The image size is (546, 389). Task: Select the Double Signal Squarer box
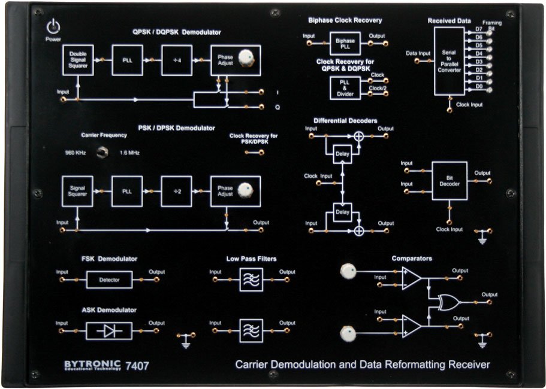click(78, 60)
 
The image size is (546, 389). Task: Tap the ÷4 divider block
click(177, 60)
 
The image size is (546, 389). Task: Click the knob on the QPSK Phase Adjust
click(245, 58)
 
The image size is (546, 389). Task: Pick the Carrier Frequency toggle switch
click(102, 153)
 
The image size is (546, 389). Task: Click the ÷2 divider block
click(177, 191)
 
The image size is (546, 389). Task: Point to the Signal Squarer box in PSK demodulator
click(78, 191)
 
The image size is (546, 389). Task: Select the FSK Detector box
click(109, 279)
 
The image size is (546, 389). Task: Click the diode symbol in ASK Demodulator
click(109, 330)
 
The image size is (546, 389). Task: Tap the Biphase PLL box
click(345, 44)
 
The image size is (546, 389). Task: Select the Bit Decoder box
click(450, 181)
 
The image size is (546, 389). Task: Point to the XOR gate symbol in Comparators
click(449, 300)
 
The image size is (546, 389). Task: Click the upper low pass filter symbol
click(251, 279)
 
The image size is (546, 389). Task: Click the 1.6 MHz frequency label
click(130, 153)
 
